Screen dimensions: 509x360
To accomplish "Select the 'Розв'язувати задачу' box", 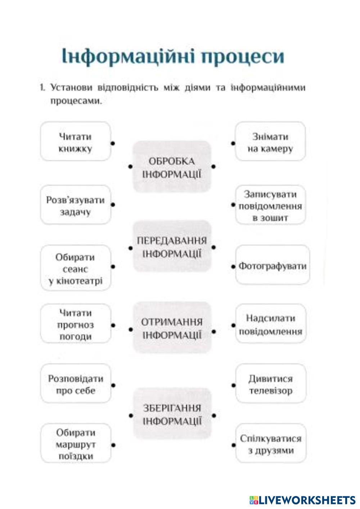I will pos(75,205).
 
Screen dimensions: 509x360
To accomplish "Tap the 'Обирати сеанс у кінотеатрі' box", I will pos(75,269).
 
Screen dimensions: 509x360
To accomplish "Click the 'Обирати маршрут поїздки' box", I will pos(75,443).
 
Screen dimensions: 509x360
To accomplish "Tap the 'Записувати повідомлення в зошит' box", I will pos(270,205).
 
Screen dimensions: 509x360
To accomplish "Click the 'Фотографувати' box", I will pos(273,266).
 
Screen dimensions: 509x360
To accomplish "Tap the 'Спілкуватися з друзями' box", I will pos(270,443).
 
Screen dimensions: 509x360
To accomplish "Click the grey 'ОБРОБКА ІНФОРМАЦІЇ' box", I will pos(172,167).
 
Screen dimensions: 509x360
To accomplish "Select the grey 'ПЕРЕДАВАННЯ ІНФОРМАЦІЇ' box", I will pos(172,247).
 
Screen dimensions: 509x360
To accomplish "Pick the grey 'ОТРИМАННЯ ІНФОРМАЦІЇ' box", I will pos(172,328).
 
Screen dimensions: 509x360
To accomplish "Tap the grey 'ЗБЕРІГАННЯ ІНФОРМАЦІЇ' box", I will pos(172,414).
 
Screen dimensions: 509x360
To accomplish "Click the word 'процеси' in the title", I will pos(242,57).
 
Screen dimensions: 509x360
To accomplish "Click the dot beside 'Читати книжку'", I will pos(113,143).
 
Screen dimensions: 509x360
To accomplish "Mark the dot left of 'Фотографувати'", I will pos(233,267).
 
